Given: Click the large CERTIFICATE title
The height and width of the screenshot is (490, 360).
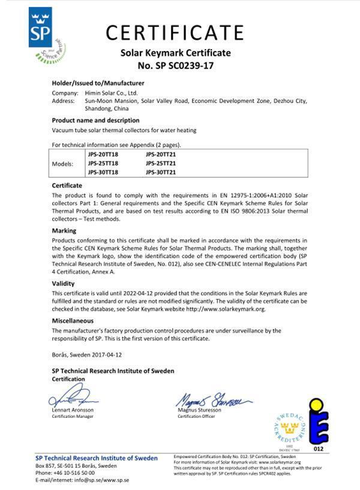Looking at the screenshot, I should pos(176,31).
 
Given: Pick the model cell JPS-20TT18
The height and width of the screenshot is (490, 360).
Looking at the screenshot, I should pos(104,155).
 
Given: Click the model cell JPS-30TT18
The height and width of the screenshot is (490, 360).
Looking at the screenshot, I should pos(104,172).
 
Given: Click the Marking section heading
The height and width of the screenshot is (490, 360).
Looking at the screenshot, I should pos(64,231).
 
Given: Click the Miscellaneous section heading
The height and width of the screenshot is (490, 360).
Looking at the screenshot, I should pos(74,321).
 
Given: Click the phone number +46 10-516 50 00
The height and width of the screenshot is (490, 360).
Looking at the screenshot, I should pos(74,473).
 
